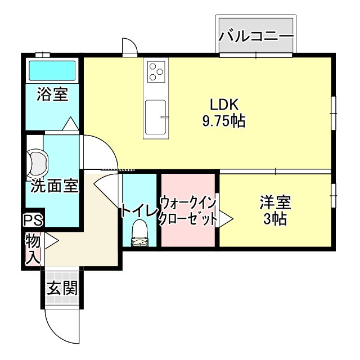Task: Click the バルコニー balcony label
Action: point(256,37)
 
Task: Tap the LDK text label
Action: point(224,105)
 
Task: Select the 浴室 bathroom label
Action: point(52,94)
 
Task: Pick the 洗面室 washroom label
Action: point(54,186)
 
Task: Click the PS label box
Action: point(33,220)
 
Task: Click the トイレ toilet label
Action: point(139,211)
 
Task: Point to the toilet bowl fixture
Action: point(139,232)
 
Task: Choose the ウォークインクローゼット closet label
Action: point(188,211)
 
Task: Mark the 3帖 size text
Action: point(275,219)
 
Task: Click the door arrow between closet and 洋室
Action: point(226,218)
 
